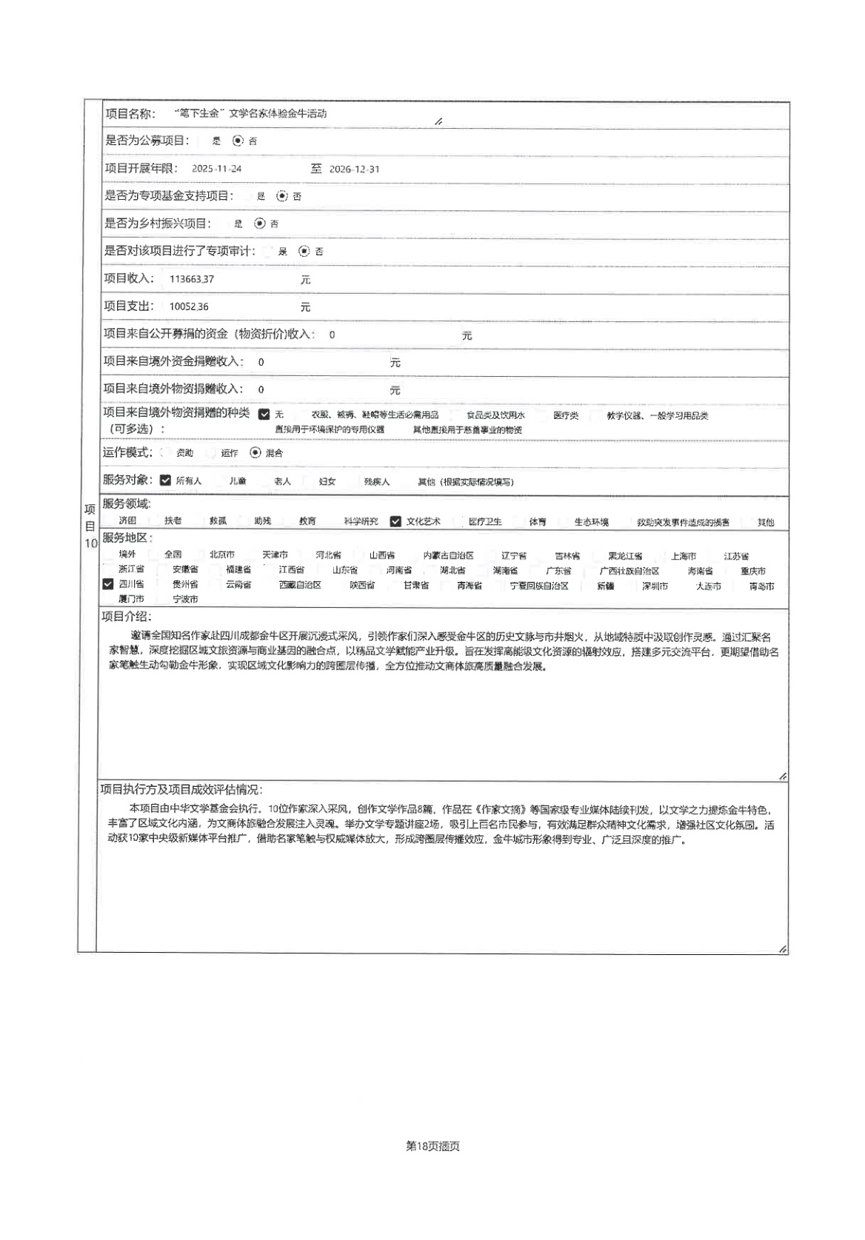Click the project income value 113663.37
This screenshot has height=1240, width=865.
pyautogui.click(x=192, y=279)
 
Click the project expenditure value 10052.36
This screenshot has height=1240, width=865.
pyautogui.click(x=189, y=306)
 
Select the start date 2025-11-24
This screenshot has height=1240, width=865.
pyautogui.click(x=216, y=169)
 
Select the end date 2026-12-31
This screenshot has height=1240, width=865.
pyautogui.click(x=354, y=169)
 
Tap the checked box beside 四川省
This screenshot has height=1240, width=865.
pyautogui.click(x=108, y=585)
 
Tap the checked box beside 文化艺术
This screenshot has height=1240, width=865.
pyautogui.click(x=395, y=521)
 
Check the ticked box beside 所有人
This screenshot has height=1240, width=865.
pyautogui.click(x=165, y=480)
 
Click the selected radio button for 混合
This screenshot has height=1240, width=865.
pyautogui.click(x=256, y=452)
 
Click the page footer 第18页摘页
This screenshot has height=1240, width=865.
pyautogui.click(x=432, y=1146)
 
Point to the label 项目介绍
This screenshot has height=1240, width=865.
pyautogui.click(x=126, y=617)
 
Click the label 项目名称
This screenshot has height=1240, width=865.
pyautogui.click(x=130, y=113)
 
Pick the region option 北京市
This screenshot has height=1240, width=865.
pyautogui.click(x=221, y=554)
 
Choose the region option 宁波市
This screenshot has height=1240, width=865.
pyautogui.click(x=185, y=599)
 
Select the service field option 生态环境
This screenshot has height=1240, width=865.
pyautogui.click(x=591, y=522)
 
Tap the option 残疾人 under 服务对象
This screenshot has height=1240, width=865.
pyautogui.click(x=376, y=481)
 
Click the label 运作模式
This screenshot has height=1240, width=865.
pyautogui.click(x=127, y=452)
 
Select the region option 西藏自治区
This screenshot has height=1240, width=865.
pyautogui.click(x=300, y=585)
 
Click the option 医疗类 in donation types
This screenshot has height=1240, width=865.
pyautogui.click(x=566, y=415)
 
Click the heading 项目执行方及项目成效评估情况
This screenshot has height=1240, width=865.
pyautogui.click(x=181, y=790)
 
